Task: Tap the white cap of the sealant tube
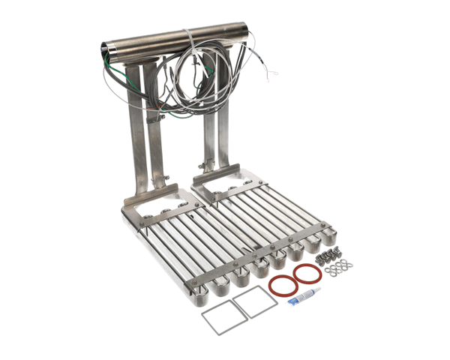(x=321, y=291)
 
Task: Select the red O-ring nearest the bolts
(x=307, y=274)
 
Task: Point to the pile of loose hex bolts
(x=328, y=256)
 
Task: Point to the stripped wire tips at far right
(x=272, y=73)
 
